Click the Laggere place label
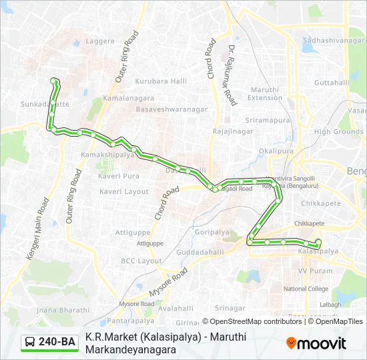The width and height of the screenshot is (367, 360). click(x=101, y=41)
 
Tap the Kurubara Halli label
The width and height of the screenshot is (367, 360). click(x=161, y=81)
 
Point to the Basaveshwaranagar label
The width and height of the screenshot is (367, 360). click(x=171, y=109)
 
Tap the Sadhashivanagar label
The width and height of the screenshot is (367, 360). click(x=333, y=41)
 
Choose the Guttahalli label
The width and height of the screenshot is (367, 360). click(x=331, y=83)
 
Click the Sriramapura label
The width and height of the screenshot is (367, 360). click(x=268, y=121)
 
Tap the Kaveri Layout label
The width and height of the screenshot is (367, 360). click(x=124, y=191)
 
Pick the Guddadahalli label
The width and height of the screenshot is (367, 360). click(x=201, y=253)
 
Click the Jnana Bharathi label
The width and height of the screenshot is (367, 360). click(x=63, y=310)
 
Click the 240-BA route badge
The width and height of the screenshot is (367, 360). click(x=49, y=342)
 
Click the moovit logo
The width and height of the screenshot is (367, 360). click(x=316, y=343)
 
